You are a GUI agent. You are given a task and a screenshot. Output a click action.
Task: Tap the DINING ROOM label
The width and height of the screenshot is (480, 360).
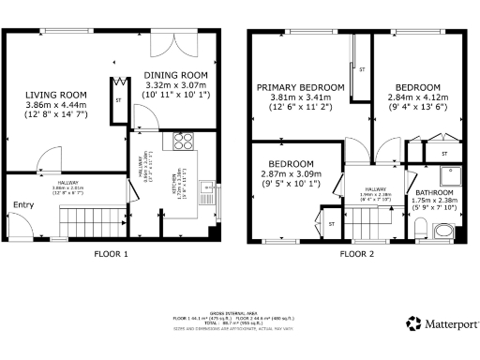174,76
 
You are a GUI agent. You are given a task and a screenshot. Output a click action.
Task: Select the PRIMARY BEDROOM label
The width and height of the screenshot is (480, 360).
295,90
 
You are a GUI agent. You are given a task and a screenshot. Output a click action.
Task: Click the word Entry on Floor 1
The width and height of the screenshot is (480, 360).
22,205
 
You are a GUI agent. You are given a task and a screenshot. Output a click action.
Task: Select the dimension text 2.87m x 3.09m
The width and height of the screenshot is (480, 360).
291,173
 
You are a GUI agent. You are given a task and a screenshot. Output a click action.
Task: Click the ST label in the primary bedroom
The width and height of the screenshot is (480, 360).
361,68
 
